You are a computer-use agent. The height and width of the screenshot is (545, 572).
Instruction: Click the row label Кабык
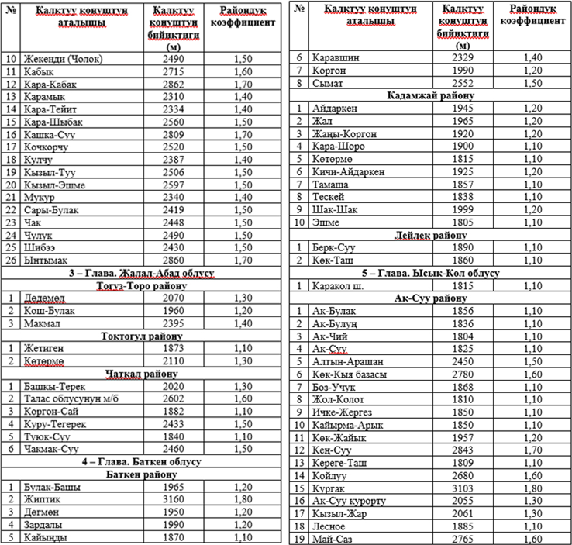tap(41, 71)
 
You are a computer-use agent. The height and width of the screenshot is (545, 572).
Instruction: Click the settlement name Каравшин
tap(336, 58)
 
